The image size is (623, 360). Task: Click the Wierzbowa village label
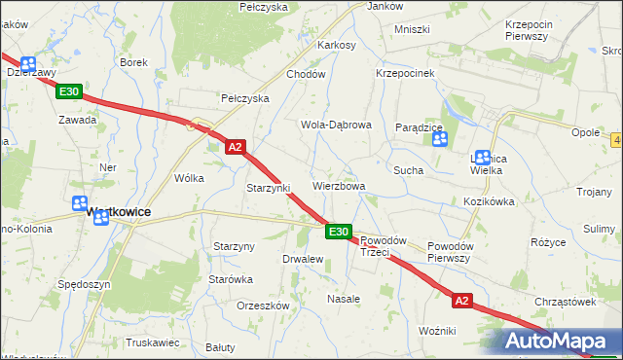[339, 186]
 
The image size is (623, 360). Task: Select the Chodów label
[305, 74]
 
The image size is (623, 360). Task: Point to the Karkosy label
[337, 45]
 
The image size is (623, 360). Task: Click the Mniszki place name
[412, 29]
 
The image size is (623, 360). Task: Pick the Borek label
[133, 62]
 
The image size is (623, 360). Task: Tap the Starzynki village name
[269, 188]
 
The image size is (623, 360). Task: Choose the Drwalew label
[302, 260]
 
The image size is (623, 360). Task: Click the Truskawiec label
[153, 342]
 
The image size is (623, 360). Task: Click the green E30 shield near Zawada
[68, 91]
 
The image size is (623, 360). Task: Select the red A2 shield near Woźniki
[461, 302]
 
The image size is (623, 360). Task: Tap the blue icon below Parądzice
[440, 140]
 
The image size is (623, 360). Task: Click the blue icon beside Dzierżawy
[29, 60]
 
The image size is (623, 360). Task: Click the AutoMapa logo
[561, 342]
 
